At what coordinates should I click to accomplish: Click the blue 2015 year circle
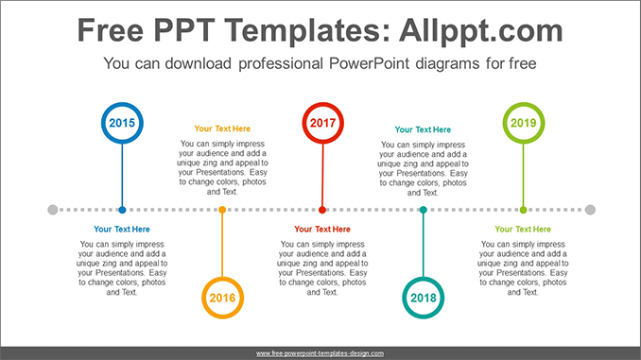(122, 123)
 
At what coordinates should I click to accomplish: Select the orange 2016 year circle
(222, 297)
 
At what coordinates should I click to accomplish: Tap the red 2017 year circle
(322, 123)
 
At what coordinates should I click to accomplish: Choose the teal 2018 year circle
(423, 297)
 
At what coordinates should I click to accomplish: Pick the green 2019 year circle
(523, 123)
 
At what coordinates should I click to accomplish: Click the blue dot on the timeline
(122, 210)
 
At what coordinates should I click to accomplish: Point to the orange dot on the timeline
(222, 210)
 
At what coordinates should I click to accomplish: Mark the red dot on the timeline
(322, 210)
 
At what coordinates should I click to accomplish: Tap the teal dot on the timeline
(423, 210)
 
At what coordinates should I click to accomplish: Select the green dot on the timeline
(523, 210)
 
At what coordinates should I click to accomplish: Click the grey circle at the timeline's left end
(52, 210)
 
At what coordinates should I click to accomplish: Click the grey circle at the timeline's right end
(590, 210)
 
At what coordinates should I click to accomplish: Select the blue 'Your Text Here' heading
(122, 230)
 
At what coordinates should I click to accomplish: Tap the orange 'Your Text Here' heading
(222, 129)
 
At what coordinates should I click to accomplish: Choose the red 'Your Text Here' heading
(322, 230)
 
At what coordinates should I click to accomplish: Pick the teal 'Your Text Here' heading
(423, 129)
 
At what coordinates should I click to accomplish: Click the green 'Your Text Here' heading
(523, 230)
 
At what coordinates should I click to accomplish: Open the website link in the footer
(320, 353)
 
